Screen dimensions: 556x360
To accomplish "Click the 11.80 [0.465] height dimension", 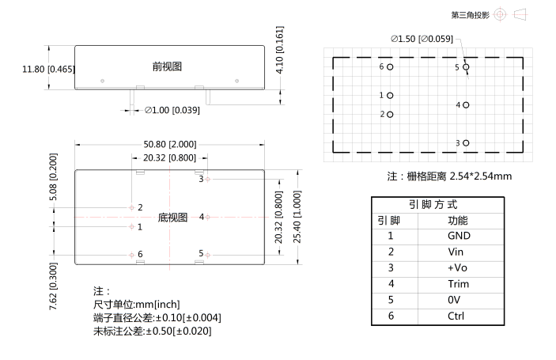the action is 48,69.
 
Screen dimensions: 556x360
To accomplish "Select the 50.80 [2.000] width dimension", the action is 170,144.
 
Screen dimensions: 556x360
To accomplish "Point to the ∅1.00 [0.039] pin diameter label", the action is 172,110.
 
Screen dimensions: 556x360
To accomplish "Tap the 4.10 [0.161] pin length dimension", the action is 280,50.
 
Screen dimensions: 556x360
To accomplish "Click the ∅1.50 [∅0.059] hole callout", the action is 422,39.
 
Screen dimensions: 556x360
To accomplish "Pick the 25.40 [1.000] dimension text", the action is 297,217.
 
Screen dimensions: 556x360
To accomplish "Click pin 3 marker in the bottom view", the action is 208,180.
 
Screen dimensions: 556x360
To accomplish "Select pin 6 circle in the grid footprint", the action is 390,66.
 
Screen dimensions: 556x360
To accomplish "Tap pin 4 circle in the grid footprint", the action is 466,105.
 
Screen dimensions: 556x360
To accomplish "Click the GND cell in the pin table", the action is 459,236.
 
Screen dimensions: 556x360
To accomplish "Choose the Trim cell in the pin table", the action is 458,284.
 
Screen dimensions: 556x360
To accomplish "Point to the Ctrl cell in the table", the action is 456,316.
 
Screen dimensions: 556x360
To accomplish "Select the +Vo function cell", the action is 457,267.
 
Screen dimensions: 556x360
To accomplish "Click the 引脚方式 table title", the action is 433,205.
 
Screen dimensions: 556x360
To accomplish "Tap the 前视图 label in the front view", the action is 167,66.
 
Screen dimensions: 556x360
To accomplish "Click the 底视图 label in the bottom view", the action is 172,218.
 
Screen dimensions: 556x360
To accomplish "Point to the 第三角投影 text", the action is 471,15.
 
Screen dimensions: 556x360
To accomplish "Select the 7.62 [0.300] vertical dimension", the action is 53,286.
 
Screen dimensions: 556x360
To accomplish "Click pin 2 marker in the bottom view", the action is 132,207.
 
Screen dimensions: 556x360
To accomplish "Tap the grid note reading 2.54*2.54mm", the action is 481,176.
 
